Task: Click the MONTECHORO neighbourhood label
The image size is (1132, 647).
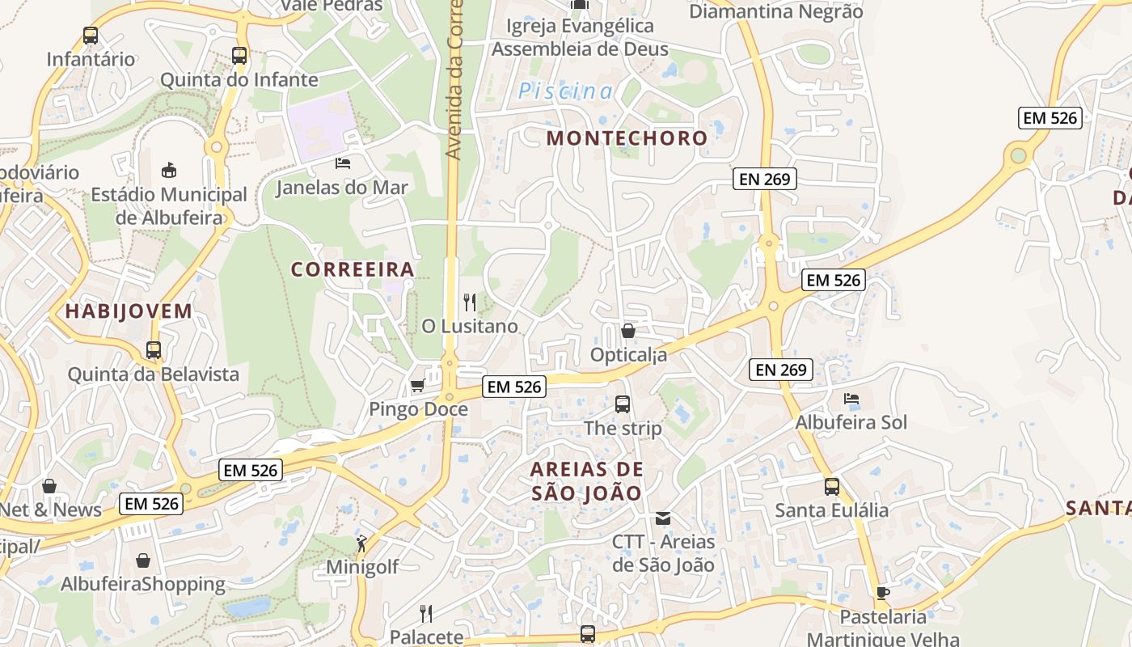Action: [x=627, y=138]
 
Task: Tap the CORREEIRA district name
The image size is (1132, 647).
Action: [x=353, y=269]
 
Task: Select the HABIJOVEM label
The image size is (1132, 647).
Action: [x=129, y=311]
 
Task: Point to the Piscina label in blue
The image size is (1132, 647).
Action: [x=566, y=91]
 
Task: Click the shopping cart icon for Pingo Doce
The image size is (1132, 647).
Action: [x=418, y=385]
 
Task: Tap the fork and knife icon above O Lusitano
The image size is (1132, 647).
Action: [x=470, y=302]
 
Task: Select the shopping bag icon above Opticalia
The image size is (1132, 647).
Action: [x=628, y=331]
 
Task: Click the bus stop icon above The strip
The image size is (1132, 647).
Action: [x=623, y=404]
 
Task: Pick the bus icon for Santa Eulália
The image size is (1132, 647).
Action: [x=832, y=487]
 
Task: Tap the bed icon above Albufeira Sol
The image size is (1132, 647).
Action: [x=851, y=398]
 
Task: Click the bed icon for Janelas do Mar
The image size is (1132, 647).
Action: [x=343, y=163]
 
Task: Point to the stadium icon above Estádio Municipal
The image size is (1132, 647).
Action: [x=169, y=170]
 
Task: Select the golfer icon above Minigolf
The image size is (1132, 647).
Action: [x=361, y=543]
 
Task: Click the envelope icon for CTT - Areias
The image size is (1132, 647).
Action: [x=663, y=518]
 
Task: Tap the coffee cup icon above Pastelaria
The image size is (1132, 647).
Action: [x=883, y=593]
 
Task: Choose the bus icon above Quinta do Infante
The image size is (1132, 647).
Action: [x=239, y=56]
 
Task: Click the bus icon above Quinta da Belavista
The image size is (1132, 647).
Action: [x=154, y=350]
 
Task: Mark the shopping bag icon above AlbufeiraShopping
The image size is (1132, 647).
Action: [x=143, y=560]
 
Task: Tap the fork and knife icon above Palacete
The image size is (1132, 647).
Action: [x=426, y=613]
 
